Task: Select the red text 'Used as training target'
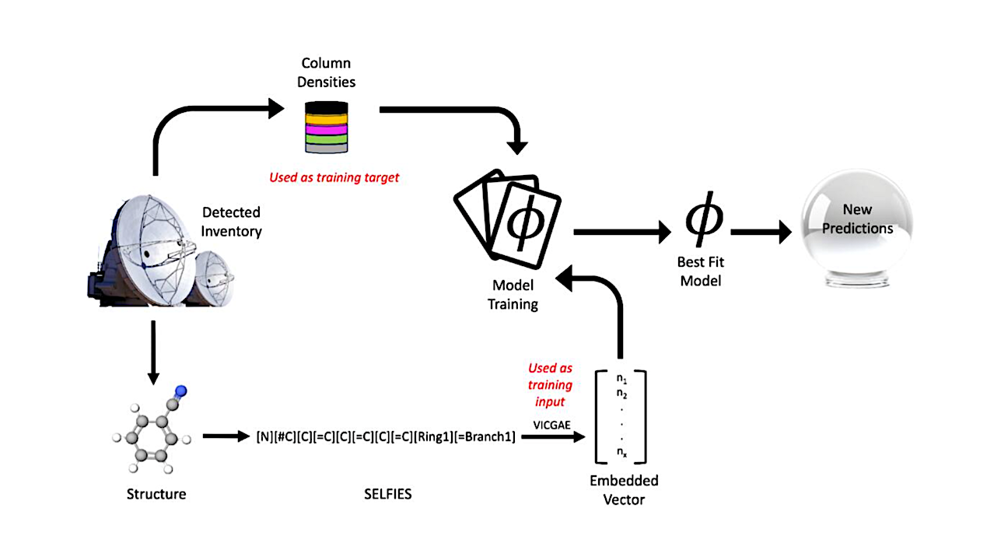point(334,177)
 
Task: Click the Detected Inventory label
point(232,221)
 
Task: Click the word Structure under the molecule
point(156,494)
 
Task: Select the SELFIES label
point(387,494)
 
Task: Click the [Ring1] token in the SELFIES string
point(438,437)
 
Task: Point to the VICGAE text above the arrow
point(554,424)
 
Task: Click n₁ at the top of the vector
point(621,379)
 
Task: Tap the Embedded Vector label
point(624,489)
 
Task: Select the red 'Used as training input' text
point(550,385)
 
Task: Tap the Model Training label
point(513,296)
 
